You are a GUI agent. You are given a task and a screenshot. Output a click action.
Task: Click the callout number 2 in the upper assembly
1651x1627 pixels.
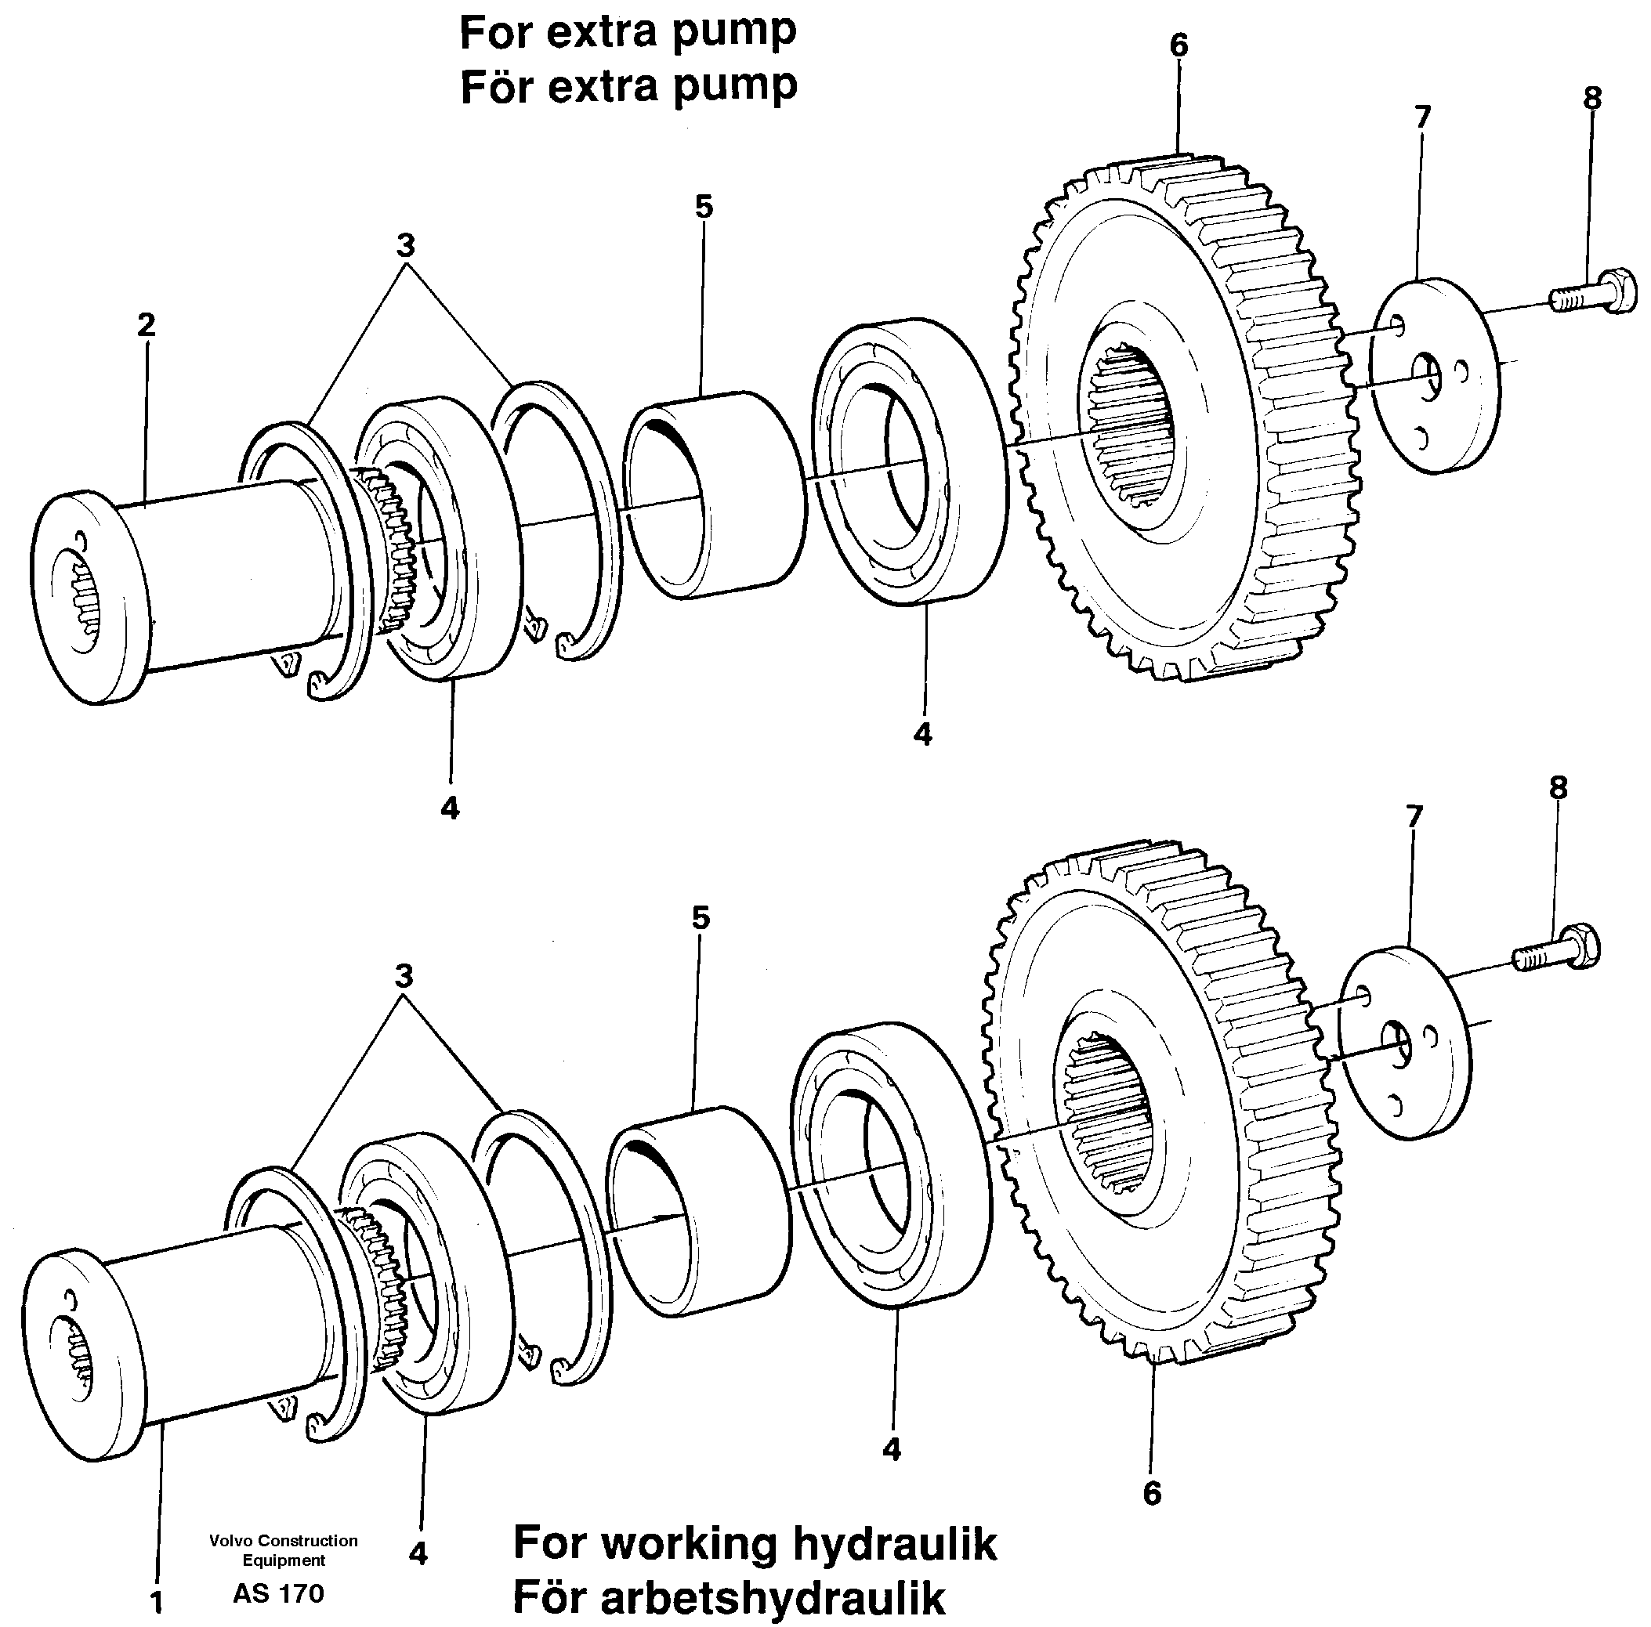(x=146, y=325)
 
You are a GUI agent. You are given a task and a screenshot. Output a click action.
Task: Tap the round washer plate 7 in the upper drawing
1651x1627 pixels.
(x=1436, y=376)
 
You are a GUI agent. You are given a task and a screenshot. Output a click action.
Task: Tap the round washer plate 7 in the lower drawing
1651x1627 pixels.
(x=1404, y=1041)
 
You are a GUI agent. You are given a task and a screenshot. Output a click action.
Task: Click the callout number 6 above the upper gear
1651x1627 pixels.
(x=1179, y=45)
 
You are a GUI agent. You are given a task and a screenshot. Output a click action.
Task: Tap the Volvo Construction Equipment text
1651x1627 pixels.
(x=283, y=1550)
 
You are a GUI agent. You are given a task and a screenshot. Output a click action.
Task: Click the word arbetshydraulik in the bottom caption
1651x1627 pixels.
(x=773, y=1598)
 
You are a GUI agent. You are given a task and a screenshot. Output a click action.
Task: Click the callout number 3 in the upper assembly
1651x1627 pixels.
(x=405, y=246)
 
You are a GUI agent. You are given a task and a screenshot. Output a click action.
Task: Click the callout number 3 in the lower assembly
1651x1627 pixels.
(x=404, y=976)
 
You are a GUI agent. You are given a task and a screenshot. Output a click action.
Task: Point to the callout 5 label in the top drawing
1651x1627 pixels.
(x=704, y=207)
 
